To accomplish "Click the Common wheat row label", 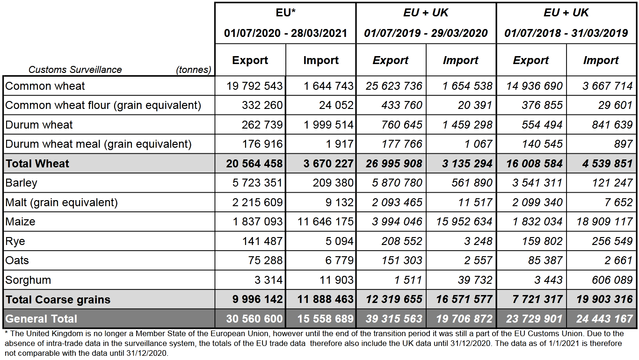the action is (x=45, y=86).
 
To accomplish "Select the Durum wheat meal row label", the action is (x=98, y=144).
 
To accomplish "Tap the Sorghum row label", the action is (x=28, y=280).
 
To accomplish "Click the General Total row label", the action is (x=41, y=319).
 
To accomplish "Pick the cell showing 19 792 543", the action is (x=254, y=86).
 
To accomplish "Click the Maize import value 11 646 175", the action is (x=326, y=222).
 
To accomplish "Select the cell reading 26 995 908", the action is (x=394, y=164).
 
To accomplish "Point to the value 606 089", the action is (x=612, y=280).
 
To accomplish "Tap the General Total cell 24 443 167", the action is (x=604, y=319).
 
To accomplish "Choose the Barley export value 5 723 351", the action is (x=257, y=183).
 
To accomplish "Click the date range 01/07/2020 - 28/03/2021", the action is (x=285, y=33).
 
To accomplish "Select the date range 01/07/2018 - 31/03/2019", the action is (x=566, y=33).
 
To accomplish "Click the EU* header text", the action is (x=285, y=13).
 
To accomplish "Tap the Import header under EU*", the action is (x=321, y=60).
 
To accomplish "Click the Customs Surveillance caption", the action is (x=75, y=70).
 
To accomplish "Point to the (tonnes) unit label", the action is (x=194, y=70).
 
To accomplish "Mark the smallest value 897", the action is (x=623, y=144).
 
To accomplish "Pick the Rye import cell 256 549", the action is (x=612, y=241).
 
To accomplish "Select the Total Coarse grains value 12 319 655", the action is (x=394, y=299).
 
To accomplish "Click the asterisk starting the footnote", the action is (x=7, y=332).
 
